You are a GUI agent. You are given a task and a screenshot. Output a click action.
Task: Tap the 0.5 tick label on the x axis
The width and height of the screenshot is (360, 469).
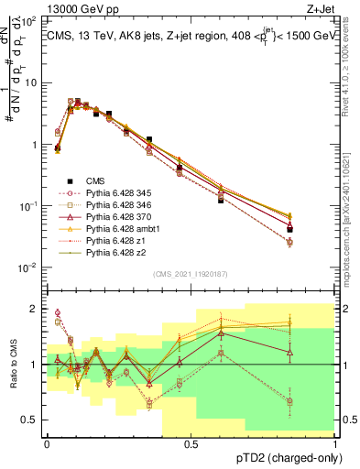191,442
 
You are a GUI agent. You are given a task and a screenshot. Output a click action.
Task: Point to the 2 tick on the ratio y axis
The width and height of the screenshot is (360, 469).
34,309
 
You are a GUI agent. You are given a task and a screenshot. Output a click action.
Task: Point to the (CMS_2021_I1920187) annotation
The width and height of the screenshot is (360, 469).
191,274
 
